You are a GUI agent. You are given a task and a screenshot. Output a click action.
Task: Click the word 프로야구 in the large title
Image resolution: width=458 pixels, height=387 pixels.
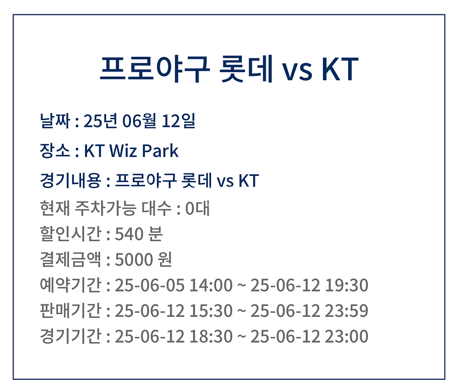click(x=155, y=69)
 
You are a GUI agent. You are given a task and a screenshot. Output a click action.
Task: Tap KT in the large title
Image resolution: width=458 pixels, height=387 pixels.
click(x=340, y=69)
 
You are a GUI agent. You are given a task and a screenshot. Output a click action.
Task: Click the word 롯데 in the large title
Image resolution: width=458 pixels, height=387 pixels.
click(x=246, y=69)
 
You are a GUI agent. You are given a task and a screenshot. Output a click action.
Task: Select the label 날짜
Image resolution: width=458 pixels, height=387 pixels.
click(x=55, y=120)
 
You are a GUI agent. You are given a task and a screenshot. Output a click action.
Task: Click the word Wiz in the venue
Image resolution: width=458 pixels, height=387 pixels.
click(x=123, y=151)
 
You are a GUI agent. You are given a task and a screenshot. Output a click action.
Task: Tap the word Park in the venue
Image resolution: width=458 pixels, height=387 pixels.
click(x=160, y=151)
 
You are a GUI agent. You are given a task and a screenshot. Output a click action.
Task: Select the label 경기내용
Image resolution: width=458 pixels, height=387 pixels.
click(x=70, y=181)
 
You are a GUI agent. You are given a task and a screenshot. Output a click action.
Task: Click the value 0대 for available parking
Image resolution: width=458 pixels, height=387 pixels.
click(x=198, y=208)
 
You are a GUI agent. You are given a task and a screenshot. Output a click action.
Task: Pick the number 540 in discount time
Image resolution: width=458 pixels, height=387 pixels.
click(x=129, y=234)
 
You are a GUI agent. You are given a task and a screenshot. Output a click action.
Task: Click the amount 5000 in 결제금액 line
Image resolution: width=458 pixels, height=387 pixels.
click(x=134, y=260)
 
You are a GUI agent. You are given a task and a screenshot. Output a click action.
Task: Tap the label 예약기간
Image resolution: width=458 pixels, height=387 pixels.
click(x=70, y=285)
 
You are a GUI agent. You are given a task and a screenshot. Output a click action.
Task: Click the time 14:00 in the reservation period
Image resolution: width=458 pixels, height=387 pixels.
click(x=211, y=285)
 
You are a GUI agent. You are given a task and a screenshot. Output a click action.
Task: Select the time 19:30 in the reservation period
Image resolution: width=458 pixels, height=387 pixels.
click(x=347, y=285)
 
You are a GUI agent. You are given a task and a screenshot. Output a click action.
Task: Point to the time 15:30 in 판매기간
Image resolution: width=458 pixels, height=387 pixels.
click(x=211, y=311)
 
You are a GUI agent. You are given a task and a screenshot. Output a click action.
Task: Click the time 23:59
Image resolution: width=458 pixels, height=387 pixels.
click(x=347, y=311)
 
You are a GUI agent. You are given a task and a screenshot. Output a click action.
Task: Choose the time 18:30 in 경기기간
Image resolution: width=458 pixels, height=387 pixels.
click(x=211, y=336)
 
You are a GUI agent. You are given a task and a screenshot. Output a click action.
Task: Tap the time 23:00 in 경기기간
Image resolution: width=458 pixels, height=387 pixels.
click(x=347, y=336)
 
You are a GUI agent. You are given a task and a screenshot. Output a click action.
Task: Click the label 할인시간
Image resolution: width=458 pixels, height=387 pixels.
click(x=70, y=234)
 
